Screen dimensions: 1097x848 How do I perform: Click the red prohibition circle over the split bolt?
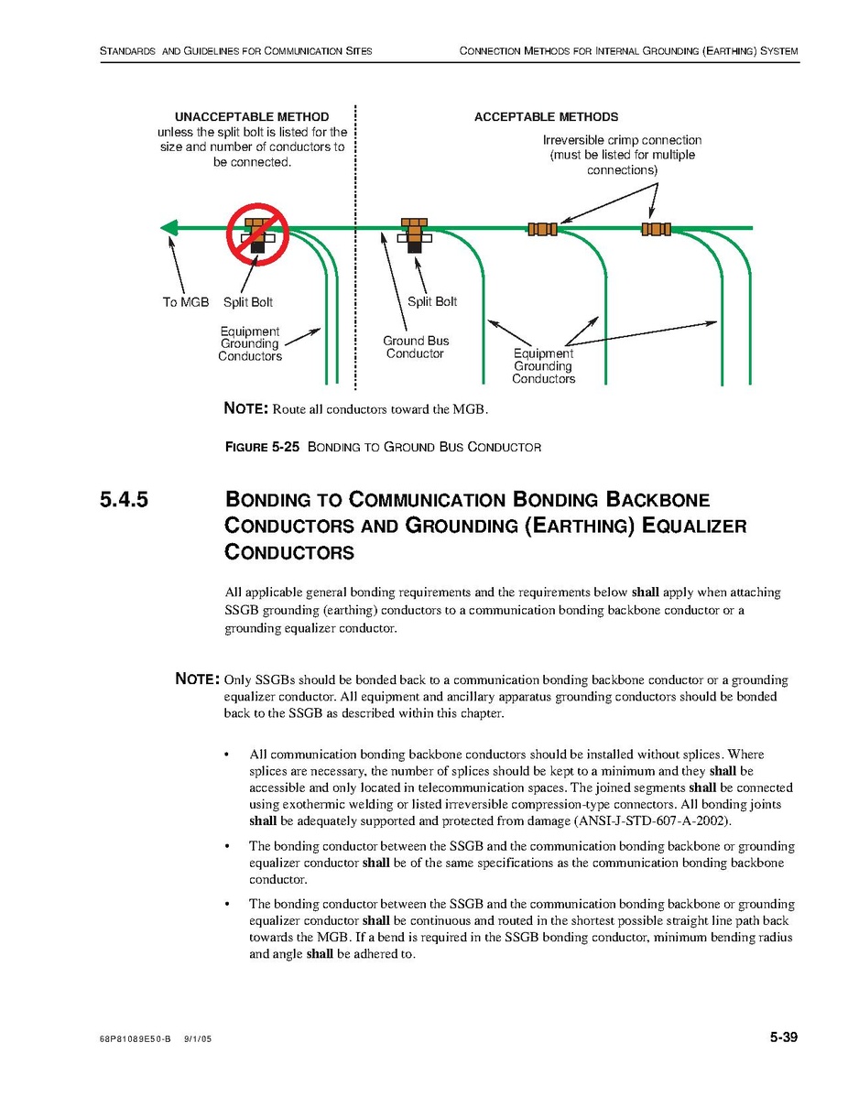258,233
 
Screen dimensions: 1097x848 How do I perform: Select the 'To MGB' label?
186,302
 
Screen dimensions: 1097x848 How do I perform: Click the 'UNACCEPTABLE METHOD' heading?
252,117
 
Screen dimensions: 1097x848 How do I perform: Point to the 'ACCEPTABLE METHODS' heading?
546,117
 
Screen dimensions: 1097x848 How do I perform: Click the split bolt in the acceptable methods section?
415,234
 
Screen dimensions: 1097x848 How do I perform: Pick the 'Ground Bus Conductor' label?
416,347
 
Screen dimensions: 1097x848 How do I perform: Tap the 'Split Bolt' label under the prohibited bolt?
248,302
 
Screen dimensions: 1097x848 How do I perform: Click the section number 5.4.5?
125,501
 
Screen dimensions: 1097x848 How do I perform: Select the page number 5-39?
783,1037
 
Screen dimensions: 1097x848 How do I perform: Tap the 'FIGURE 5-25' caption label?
262,448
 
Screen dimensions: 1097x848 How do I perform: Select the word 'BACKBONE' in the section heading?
657,501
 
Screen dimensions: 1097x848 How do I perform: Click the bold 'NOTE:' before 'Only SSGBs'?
197,679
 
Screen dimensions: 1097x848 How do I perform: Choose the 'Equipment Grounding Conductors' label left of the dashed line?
250,344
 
